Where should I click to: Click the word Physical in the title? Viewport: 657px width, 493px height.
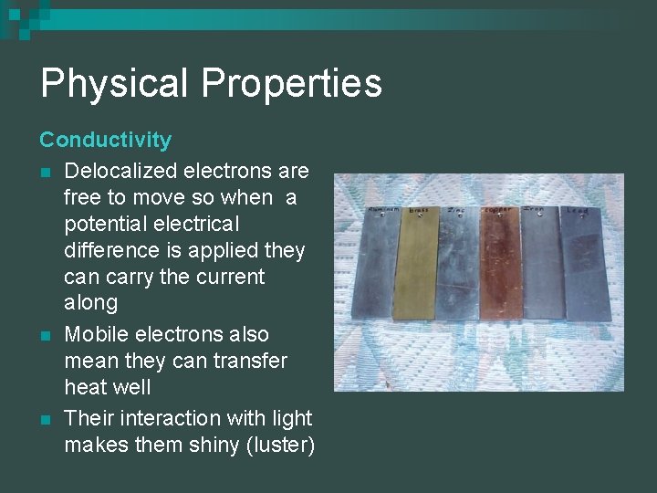tap(114, 83)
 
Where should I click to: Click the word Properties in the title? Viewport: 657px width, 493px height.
tap(291, 83)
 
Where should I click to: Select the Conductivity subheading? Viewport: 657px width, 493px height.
tap(105, 140)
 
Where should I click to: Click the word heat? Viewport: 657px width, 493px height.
tap(84, 387)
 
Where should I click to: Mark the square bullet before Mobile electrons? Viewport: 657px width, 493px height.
tap(45, 335)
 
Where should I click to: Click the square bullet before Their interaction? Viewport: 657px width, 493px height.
tap(45, 419)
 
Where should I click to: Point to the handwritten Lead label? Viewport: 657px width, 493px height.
tap(577, 210)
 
